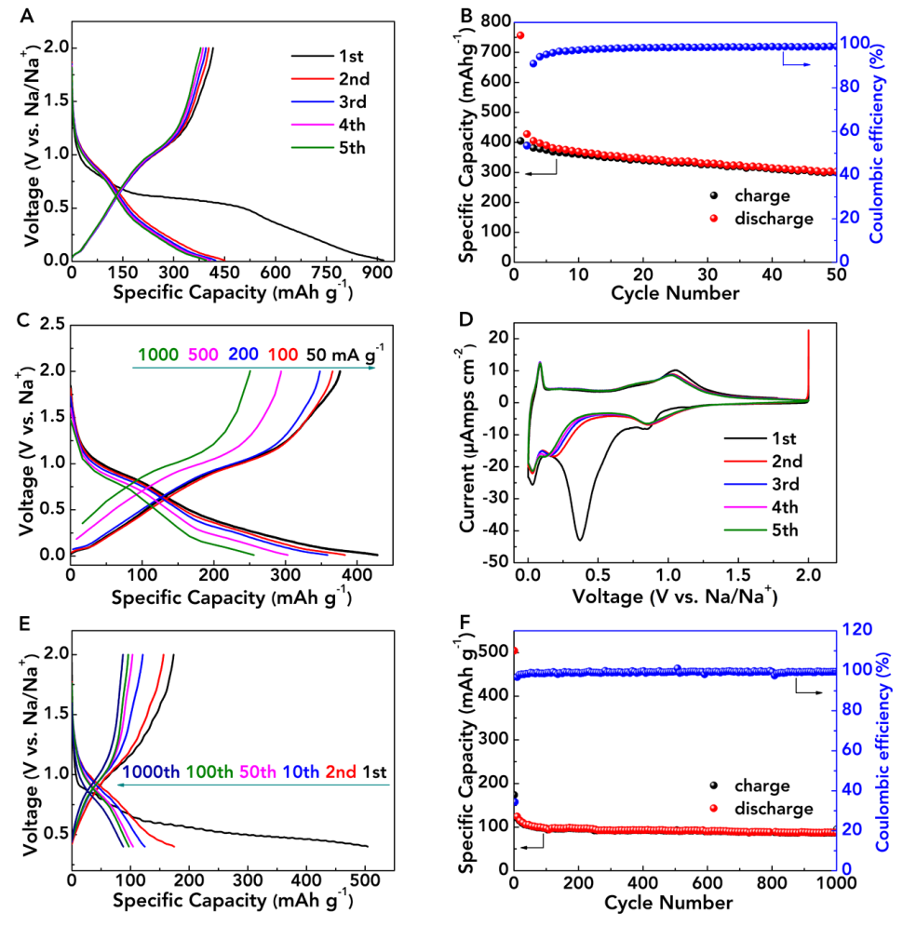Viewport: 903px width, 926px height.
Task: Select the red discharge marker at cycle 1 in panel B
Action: pos(520,35)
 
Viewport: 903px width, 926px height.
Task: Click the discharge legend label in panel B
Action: pos(775,219)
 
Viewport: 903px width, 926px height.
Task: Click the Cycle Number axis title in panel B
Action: pos(675,293)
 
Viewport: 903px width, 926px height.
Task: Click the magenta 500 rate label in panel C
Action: pos(206,354)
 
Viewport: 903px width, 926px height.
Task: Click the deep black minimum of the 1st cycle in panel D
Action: pos(580,539)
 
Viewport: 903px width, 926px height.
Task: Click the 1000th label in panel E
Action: pos(151,772)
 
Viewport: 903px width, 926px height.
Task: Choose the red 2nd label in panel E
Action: pos(337,772)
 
